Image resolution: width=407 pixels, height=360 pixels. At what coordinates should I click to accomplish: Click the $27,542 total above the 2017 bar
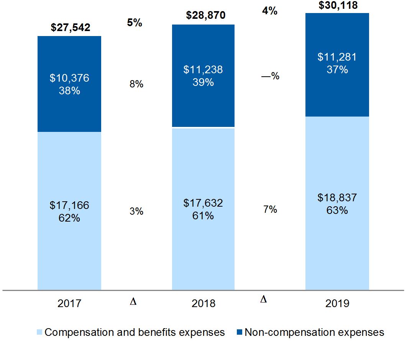pos(71,28)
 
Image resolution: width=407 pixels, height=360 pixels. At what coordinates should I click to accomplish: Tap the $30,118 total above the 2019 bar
pos(338,5)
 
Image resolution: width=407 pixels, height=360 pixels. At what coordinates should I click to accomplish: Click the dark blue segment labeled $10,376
pos(69,84)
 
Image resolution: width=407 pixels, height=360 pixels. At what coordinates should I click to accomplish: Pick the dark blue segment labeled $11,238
pos(203,76)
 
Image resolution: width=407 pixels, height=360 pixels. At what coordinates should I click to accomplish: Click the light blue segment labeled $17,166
pos(69,211)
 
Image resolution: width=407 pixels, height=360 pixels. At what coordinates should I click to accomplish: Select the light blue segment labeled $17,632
pos(203,209)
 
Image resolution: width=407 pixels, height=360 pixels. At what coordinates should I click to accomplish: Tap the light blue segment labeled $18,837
pos(337,203)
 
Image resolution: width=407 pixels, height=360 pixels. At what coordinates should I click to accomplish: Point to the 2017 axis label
pos(69,304)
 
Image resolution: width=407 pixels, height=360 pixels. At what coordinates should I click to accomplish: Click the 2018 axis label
pos(203,304)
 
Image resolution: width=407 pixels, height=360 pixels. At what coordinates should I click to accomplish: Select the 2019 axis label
pos(337,304)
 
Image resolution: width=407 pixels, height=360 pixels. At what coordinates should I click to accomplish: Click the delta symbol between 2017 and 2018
pos(133,302)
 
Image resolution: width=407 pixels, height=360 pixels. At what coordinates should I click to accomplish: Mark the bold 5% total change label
pos(135,23)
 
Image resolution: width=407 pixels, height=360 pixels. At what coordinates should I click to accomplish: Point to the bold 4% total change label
pos(269,11)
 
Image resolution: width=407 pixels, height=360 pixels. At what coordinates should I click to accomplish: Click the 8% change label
pos(136,84)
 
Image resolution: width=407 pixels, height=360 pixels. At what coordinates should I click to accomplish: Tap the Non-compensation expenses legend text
pos(314,332)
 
